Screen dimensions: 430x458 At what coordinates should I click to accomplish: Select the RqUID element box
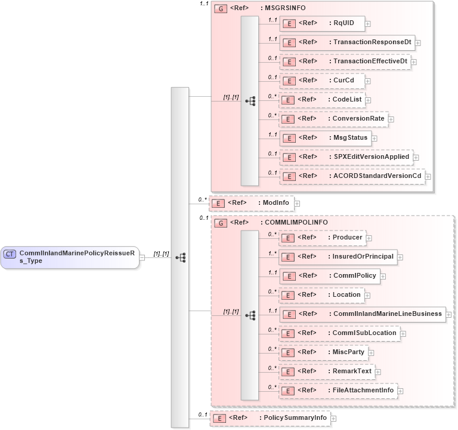322,23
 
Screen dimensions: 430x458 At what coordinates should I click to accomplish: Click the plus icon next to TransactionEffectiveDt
414,62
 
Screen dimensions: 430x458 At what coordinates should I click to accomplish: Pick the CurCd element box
322,81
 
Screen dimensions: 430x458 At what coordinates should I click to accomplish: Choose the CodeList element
322,100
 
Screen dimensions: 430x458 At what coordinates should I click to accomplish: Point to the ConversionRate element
333,119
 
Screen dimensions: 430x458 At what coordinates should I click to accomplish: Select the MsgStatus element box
326,138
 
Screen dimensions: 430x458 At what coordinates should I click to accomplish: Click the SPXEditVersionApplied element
346,157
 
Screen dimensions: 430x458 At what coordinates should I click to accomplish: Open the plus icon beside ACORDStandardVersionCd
428,177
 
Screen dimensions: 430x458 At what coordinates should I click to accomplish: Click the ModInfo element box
251,203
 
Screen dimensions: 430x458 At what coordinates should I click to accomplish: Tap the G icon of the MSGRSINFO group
221,9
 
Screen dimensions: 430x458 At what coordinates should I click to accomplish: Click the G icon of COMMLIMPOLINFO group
221,223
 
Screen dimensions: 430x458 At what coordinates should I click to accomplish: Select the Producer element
322,238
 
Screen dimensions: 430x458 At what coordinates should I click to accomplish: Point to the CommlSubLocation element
339,333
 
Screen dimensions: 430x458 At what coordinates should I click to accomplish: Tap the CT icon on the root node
10,254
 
